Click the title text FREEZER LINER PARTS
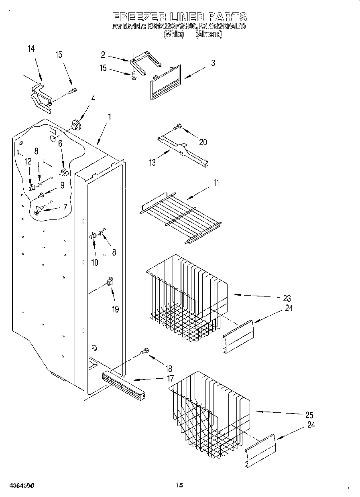[x=179, y=17]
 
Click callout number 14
[x=31, y=49]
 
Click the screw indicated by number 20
[x=177, y=127]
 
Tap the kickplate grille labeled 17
[x=124, y=387]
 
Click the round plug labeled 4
[x=75, y=125]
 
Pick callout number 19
[x=115, y=310]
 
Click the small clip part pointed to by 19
[x=110, y=282]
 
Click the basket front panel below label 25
[x=260, y=450]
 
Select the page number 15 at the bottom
[x=179, y=485]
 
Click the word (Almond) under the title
[x=208, y=34]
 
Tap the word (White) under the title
[x=173, y=34]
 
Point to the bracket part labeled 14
[x=42, y=98]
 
